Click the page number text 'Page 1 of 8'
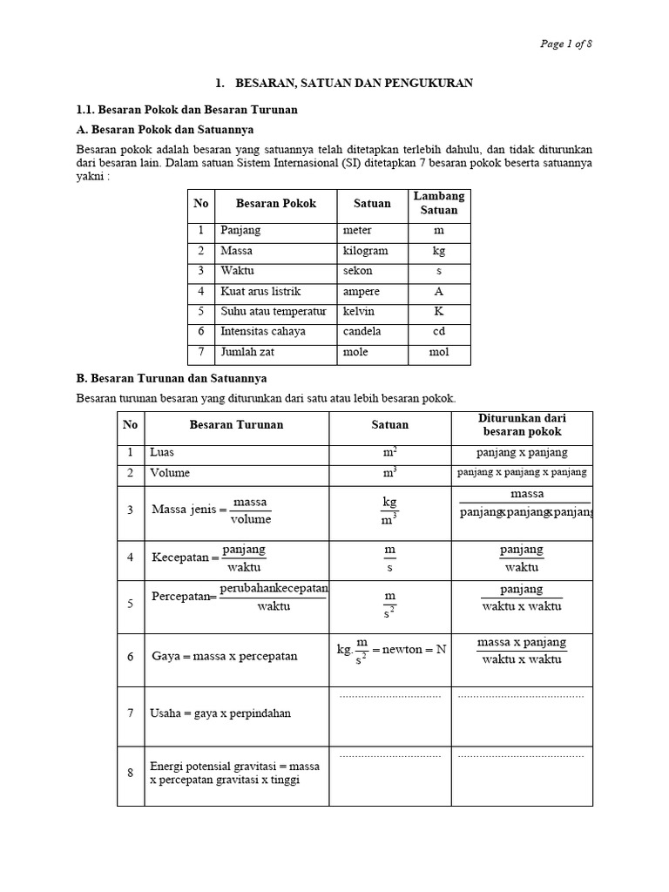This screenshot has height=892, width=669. click(567, 44)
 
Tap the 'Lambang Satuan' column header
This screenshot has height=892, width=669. click(439, 203)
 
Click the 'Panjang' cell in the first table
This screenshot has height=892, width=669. click(240, 231)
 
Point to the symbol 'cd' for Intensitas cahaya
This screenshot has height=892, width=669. click(439, 332)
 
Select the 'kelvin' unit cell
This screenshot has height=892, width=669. click(359, 312)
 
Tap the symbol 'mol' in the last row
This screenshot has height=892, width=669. click(439, 353)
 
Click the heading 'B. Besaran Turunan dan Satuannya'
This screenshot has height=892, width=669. click(172, 379)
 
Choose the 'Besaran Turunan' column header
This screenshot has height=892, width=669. click(236, 425)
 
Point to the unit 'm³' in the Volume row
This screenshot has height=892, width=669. click(389, 473)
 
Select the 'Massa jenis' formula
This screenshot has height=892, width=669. click(212, 510)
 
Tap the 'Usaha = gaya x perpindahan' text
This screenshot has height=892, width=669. click(220, 713)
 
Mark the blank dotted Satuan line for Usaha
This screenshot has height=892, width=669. click(389, 697)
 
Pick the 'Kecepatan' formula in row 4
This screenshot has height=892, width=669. click(209, 557)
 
